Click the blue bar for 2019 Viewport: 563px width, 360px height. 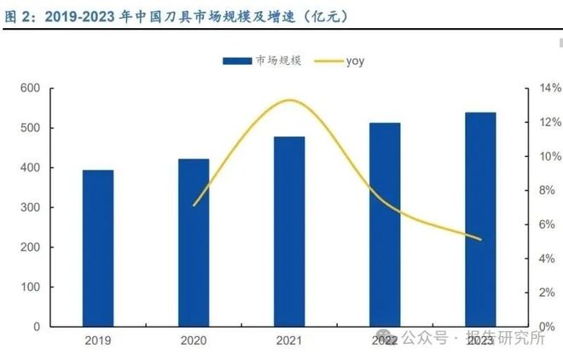click(97, 248)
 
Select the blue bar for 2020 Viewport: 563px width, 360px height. click(193, 243)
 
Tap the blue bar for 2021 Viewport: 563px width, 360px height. click(289, 231)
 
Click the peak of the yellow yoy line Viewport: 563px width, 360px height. click(289, 101)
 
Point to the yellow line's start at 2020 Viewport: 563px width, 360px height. click(194, 206)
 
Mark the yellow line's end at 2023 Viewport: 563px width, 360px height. click(480, 240)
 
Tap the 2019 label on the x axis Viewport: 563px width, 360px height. click(97, 340)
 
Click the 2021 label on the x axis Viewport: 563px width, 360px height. click(289, 340)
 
